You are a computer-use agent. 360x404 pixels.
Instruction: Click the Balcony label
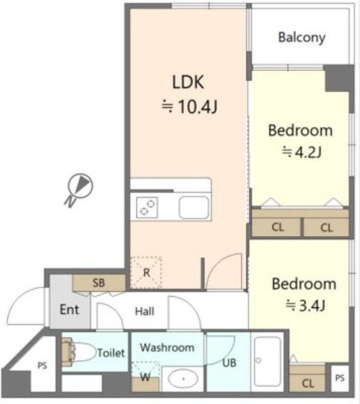(x=301, y=38)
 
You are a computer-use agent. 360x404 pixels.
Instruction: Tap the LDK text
(x=188, y=82)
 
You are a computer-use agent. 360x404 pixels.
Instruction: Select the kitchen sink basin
(x=194, y=208)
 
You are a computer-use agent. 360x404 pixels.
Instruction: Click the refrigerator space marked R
(x=146, y=273)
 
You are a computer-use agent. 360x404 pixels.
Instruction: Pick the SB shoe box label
(x=99, y=283)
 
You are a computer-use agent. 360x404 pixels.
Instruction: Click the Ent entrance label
(x=69, y=309)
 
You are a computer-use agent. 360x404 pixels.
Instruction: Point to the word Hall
(x=144, y=311)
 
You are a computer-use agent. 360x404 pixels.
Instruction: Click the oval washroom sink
(x=183, y=379)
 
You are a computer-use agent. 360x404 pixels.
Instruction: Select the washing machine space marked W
(x=146, y=377)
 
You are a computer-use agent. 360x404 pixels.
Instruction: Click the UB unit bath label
(x=229, y=363)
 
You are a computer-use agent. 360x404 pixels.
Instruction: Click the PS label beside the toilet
(x=42, y=365)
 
